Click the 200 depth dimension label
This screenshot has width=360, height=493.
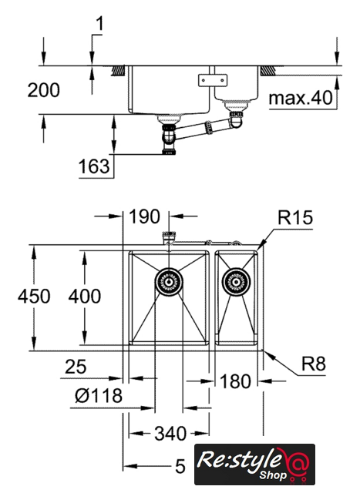click(43, 90)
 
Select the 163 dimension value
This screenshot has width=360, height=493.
click(94, 166)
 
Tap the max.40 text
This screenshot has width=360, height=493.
click(301, 98)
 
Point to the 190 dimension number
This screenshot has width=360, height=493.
click(144, 216)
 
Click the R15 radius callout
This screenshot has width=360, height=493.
click(295, 217)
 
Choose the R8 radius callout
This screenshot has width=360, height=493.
click(314, 364)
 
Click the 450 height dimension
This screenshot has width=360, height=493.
click(34, 297)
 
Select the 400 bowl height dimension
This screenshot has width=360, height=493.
click(85, 296)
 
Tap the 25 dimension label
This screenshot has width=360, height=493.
click(76, 367)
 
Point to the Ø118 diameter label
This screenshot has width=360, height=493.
click(99, 395)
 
